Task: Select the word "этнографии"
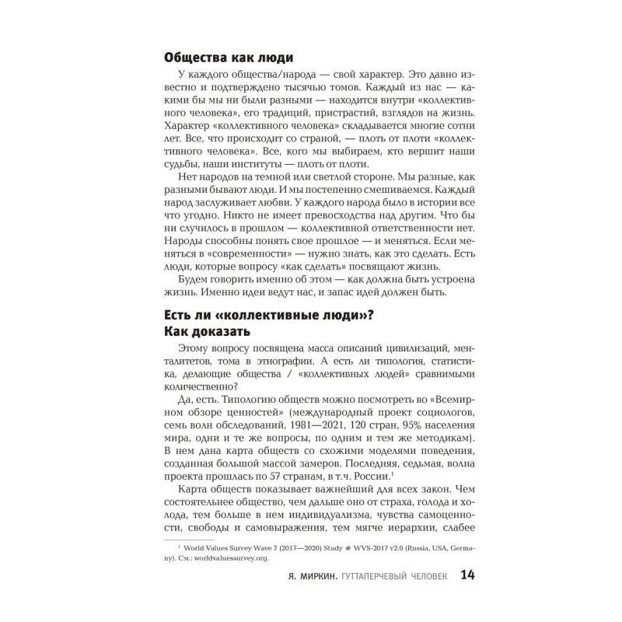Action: [320, 362]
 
